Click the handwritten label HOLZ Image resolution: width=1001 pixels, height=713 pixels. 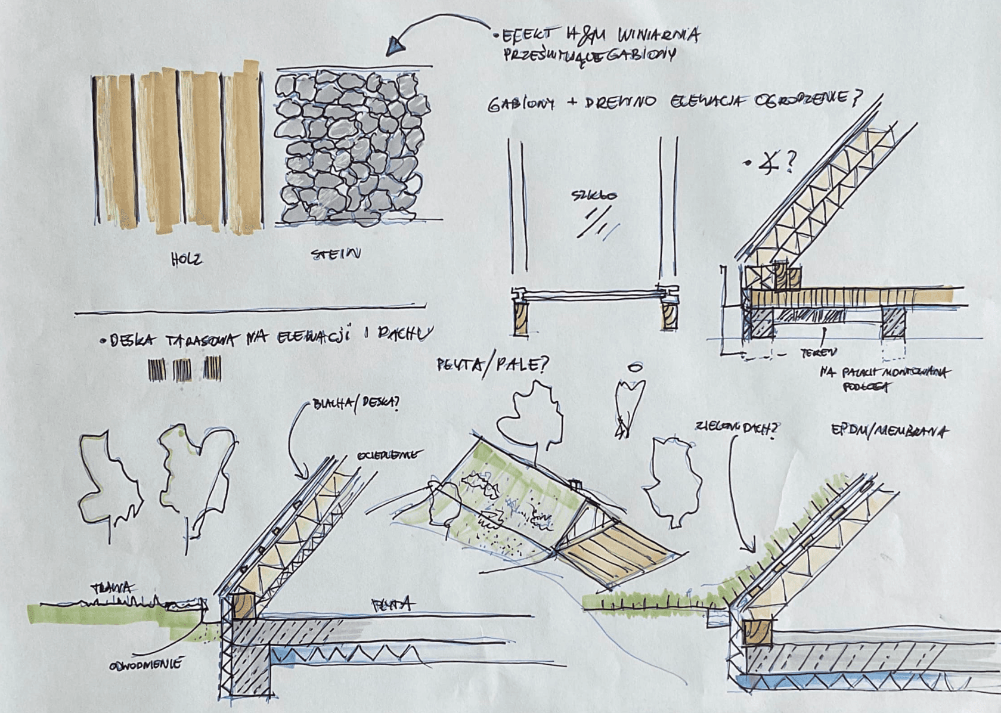click(186, 259)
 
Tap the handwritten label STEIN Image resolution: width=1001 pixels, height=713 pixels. click(336, 255)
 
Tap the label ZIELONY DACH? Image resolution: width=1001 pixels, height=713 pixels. click(736, 427)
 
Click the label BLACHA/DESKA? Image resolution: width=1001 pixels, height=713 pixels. click(356, 405)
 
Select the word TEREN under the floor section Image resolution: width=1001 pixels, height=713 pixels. click(818, 354)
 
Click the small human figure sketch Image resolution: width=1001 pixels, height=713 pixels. click(629, 399)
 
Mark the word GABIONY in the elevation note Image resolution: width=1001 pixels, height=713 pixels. click(520, 105)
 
